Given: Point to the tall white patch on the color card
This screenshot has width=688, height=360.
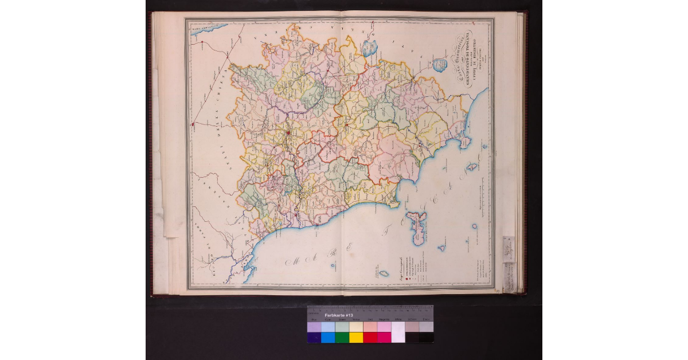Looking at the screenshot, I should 398,332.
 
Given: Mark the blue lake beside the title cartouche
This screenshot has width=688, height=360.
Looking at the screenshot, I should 440,65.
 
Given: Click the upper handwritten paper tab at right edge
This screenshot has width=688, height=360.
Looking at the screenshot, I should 509,246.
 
